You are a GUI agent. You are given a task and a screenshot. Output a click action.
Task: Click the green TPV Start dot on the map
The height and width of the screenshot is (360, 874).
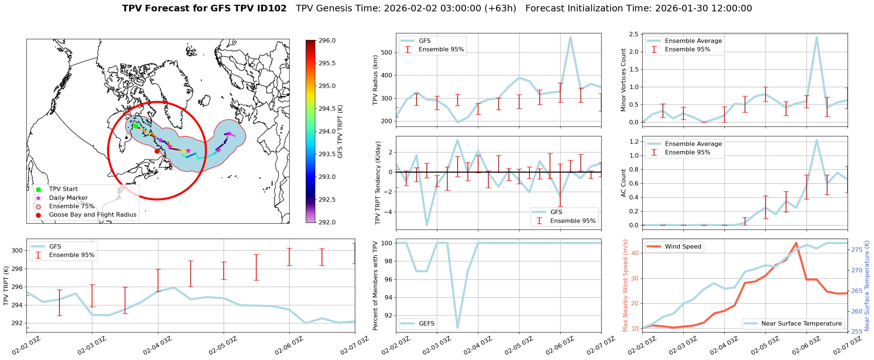tap(136, 126)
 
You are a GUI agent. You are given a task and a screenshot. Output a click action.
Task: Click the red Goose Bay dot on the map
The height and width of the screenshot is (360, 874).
tap(157, 151)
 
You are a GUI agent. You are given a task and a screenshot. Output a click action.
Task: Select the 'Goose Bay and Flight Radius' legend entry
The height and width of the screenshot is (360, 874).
tap(92, 215)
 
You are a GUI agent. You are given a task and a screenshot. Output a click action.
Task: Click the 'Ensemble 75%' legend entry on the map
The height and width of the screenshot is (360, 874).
tap(71, 206)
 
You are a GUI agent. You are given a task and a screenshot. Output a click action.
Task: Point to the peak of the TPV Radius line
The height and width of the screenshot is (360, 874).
tap(570, 37)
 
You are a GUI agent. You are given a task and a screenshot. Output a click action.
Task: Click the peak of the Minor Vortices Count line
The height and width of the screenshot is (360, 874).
tap(816, 37)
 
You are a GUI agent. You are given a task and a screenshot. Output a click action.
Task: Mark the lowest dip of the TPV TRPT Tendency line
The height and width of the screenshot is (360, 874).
tap(427, 225)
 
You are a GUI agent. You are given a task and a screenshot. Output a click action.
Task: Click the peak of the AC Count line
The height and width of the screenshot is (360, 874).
tap(816, 140)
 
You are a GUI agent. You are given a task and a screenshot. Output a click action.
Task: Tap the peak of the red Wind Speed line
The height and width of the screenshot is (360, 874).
tap(796, 243)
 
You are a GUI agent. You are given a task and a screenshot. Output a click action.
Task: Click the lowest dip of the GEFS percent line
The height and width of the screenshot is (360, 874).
tap(458, 328)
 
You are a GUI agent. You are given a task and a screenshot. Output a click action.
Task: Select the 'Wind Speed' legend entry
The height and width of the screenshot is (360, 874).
tap(683, 247)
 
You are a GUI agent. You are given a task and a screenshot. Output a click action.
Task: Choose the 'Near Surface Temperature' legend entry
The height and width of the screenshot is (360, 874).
tap(801, 324)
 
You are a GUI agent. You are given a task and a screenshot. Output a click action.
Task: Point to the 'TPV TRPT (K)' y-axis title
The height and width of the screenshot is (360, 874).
tap(6, 286)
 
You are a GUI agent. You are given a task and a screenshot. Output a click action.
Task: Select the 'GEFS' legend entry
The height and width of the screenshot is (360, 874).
tap(426, 324)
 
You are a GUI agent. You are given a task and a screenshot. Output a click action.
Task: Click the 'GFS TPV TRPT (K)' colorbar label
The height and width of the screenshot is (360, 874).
tap(340, 131)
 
